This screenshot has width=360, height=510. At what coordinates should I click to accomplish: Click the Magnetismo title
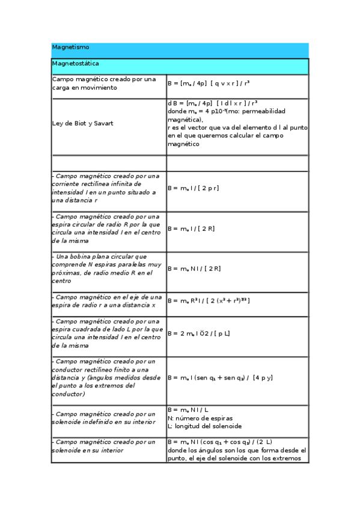[71, 47]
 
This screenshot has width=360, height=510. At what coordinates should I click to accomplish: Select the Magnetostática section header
[76, 63]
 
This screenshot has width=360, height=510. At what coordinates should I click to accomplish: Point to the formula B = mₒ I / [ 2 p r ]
[193, 188]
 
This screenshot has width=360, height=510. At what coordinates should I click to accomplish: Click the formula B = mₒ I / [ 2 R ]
[191, 229]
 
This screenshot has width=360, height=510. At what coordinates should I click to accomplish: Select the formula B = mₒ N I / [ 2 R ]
[194, 269]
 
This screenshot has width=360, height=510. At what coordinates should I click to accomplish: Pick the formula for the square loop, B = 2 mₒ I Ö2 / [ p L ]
[198, 333]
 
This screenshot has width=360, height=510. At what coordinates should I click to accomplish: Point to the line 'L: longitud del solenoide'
[204, 426]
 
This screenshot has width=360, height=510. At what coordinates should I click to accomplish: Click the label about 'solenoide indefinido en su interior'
[103, 418]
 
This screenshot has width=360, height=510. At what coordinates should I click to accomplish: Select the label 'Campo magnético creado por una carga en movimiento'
[103, 84]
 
